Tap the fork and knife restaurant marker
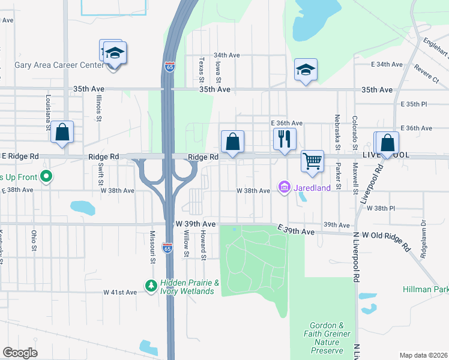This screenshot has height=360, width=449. (284, 139)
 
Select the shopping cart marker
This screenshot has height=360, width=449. (312, 161)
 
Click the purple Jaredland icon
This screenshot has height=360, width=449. (285, 188)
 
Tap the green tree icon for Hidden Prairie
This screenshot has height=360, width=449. (151, 284)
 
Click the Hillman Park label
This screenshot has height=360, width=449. (425, 289)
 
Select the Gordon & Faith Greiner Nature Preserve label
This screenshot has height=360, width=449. (328, 337)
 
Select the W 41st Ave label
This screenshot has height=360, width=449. (120, 292)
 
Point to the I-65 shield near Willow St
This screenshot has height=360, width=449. (169, 247)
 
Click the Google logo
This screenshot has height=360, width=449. (20, 353)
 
